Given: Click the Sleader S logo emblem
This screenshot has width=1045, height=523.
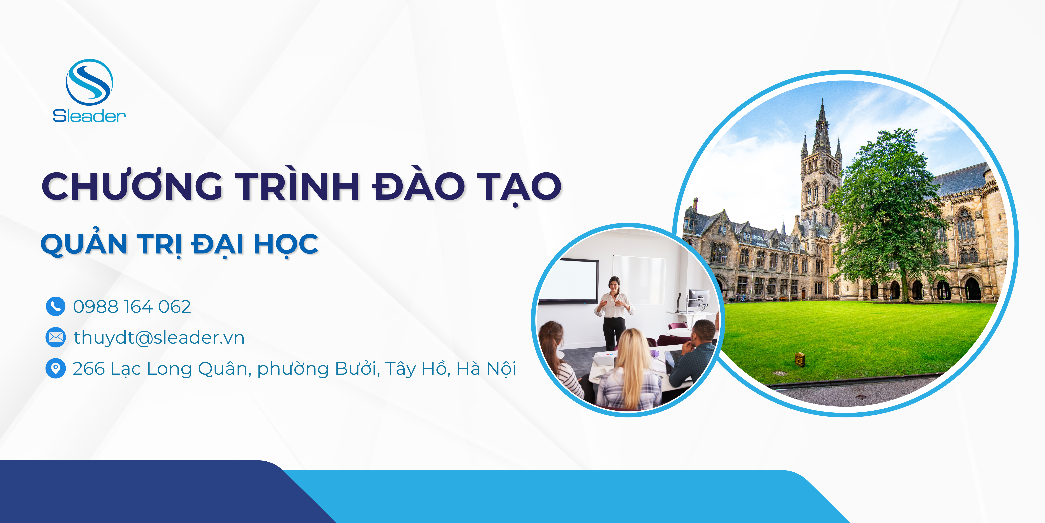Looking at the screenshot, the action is [89, 82].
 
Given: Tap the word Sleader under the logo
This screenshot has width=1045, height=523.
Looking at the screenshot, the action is [89, 116].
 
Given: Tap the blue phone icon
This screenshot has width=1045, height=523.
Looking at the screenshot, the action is [56, 306].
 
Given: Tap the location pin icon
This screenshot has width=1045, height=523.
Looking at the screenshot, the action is [56, 368].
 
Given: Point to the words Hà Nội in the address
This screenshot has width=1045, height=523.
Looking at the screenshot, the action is [486, 368].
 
